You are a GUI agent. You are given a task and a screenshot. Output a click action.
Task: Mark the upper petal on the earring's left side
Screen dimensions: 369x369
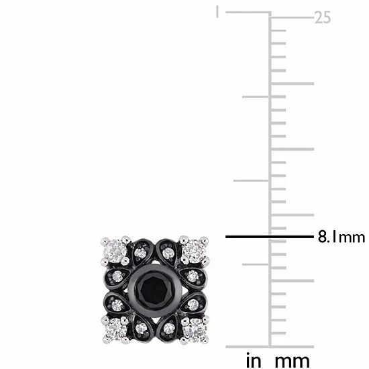point(116,277)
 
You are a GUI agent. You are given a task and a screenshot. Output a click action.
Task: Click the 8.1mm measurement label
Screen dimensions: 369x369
point(340,237)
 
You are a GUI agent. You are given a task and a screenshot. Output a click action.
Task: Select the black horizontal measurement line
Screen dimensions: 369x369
point(268,237)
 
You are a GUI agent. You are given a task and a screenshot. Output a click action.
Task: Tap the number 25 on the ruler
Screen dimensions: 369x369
point(323,18)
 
